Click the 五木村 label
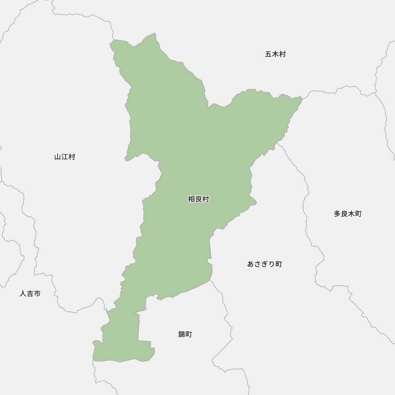275,54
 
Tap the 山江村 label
65,157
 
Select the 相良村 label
198,199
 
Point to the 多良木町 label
348,214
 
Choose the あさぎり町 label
265,264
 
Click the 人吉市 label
30,293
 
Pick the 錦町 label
185,334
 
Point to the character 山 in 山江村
58,157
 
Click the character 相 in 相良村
192,199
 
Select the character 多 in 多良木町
337,214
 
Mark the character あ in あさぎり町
251,264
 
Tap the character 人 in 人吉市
23,293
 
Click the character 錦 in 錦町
182,334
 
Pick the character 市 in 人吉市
37,293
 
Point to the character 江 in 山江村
65,157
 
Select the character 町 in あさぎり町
279,264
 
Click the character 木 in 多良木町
351,214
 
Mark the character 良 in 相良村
198,199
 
